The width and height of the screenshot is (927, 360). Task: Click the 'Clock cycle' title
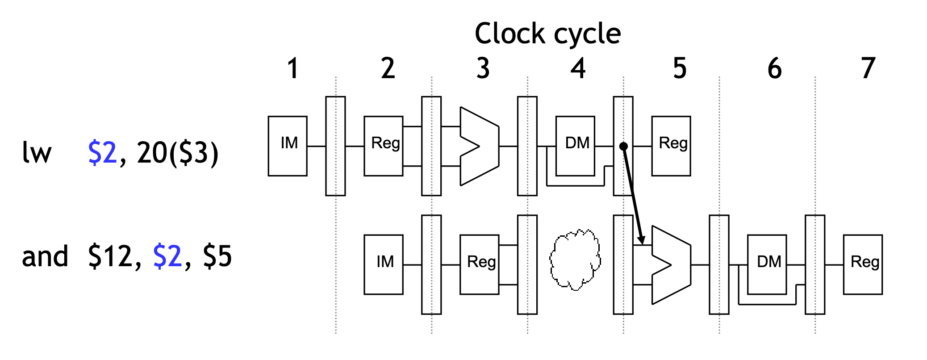(547, 33)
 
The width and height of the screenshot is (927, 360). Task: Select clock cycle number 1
(292, 68)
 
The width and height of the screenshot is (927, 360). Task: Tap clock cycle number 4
(578, 68)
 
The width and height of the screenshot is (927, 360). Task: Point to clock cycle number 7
(868, 68)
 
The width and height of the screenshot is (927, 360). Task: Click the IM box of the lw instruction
(288, 146)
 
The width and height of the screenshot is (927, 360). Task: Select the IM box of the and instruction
(384, 264)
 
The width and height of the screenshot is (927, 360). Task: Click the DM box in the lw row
(575, 146)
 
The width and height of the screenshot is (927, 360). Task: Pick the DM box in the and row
(767, 264)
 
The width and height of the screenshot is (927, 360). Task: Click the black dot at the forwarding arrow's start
(624, 146)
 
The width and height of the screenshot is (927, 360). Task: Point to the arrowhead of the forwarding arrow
(641, 241)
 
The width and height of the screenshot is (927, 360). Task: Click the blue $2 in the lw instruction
(102, 153)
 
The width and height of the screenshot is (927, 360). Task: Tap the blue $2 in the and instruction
(167, 256)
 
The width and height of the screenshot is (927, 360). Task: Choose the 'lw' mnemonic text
(37, 153)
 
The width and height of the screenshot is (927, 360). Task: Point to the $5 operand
(217, 256)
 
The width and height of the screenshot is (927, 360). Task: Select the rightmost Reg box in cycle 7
(863, 264)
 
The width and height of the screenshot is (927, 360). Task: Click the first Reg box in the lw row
(384, 146)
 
